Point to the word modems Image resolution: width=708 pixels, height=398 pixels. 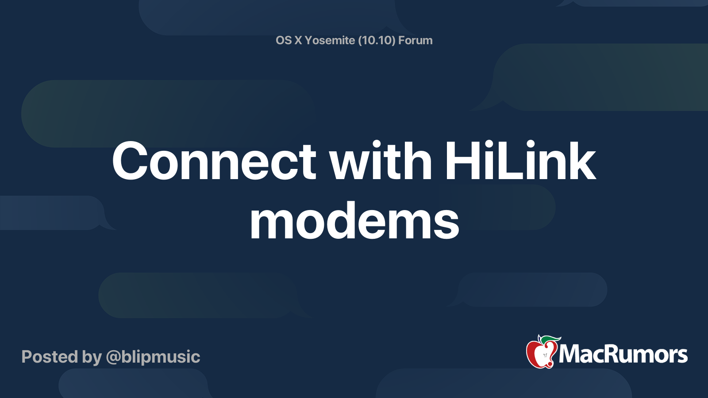pyautogui.click(x=354, y=221)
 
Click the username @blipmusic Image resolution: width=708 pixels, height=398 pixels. pyautogui.click(x=153, y=357)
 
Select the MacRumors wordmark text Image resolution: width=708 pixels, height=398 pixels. pyautogui.click(x=623, y=354)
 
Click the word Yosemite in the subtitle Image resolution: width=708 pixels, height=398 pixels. pyautogui.click(x=330, y=41)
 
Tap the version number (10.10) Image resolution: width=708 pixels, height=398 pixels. pyautogui.click(x=377, y=41)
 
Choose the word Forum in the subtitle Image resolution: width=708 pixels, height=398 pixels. pyautogui.click(x=415, y=41)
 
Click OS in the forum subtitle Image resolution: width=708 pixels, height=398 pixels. pyautogui.click(x=284, y=41)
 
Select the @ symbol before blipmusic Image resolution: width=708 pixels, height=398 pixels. pyautogui.click(x=113, y=357)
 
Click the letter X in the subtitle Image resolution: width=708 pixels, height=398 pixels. pyautogui.click(x=298, y=41)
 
